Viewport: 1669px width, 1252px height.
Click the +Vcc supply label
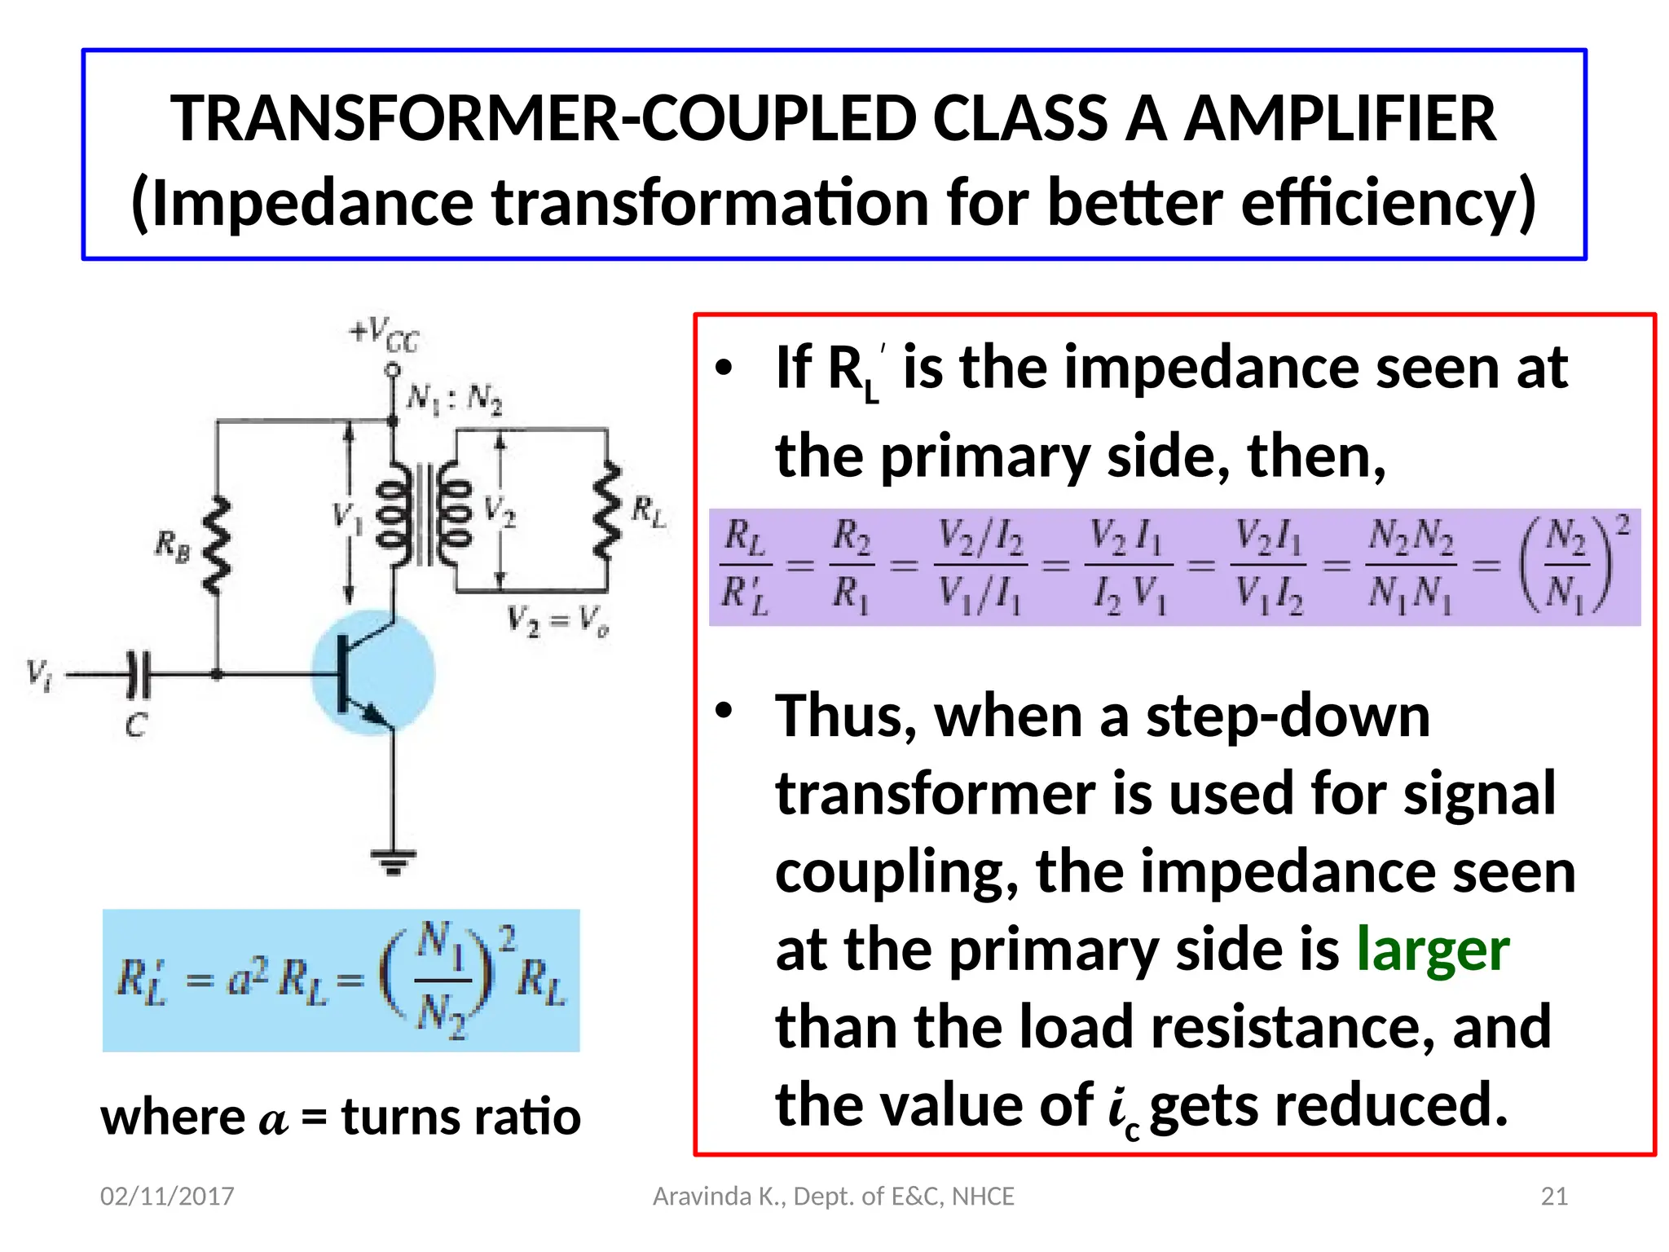(x=385, y=334)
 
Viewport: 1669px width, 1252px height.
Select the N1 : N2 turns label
(x=455, y=399)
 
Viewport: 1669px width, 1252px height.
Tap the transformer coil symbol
(x=423, y=514)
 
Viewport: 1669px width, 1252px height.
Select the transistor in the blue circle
(x=373, y=673)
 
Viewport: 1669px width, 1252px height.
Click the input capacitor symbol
(x=139, y=675)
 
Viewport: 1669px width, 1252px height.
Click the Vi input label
(x=39, y=674)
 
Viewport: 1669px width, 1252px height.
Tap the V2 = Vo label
(x=558, y=621)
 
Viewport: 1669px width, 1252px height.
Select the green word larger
(x=1433, y=950)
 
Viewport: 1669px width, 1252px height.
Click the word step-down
(x=1288, y=716)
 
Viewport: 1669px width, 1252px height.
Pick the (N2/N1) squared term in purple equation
(x=1570, y=565)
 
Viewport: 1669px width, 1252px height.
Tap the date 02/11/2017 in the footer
(x=167, y=1197)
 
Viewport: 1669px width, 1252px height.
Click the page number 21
(x=1554, y=1197)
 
